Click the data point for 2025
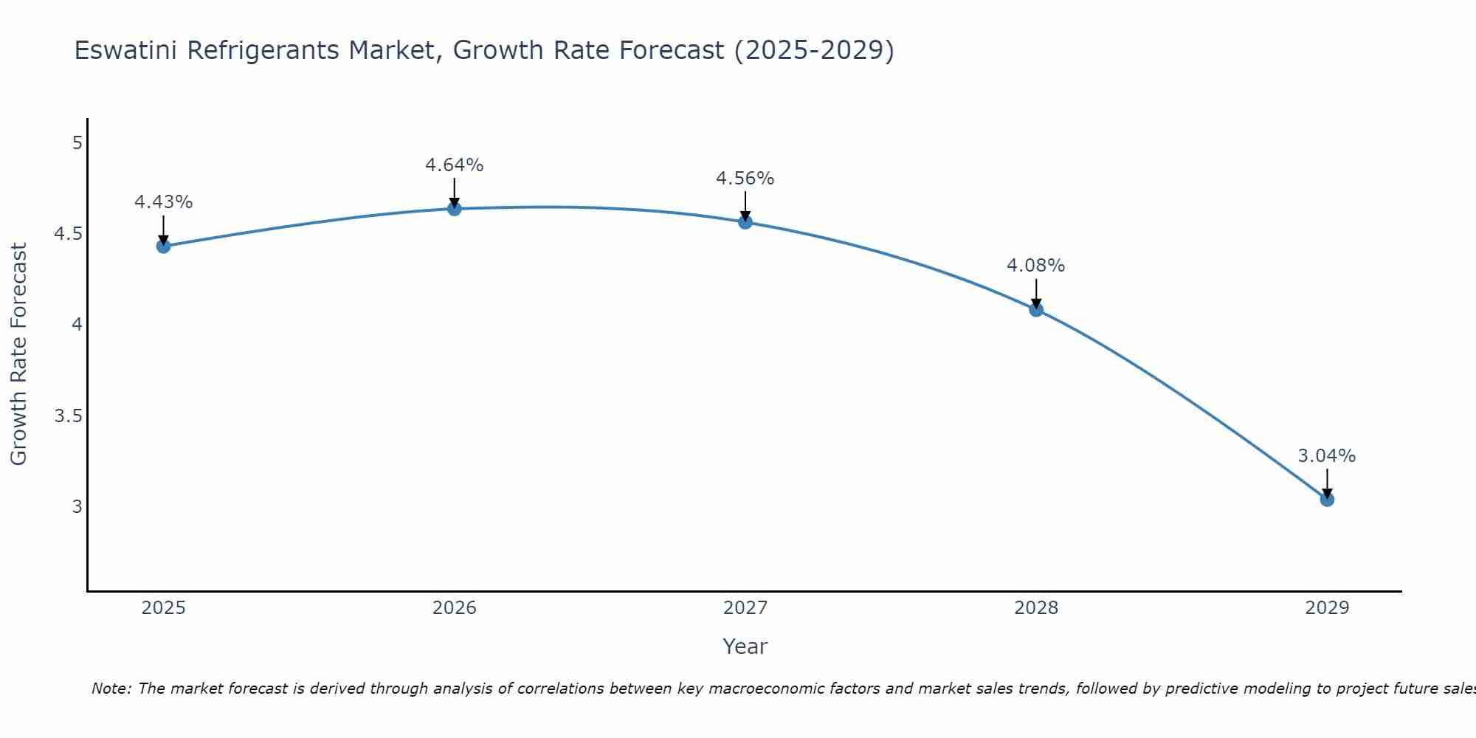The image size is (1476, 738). (163, 246)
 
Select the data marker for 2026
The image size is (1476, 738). (454, 209)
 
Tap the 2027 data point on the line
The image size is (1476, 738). (745, 222)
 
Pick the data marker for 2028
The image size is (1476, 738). (1036, 310)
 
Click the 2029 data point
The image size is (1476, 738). (1327, 500)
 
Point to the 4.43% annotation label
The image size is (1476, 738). (163, 202)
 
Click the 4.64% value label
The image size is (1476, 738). (454, 165)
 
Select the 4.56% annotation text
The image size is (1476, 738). (745, 179)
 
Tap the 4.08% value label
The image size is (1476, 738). (1036, 266)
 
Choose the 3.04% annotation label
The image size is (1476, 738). (1327, 456)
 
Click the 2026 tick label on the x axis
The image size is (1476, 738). (454, 608)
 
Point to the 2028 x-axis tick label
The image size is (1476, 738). (1036, 608)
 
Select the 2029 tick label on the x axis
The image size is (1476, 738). (1327, 608)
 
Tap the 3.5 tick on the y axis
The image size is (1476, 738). (68, 416)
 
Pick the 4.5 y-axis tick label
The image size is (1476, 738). (68, 235)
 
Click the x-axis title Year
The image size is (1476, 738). (745, 646)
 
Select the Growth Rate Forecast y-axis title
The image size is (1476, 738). (18, 354)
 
